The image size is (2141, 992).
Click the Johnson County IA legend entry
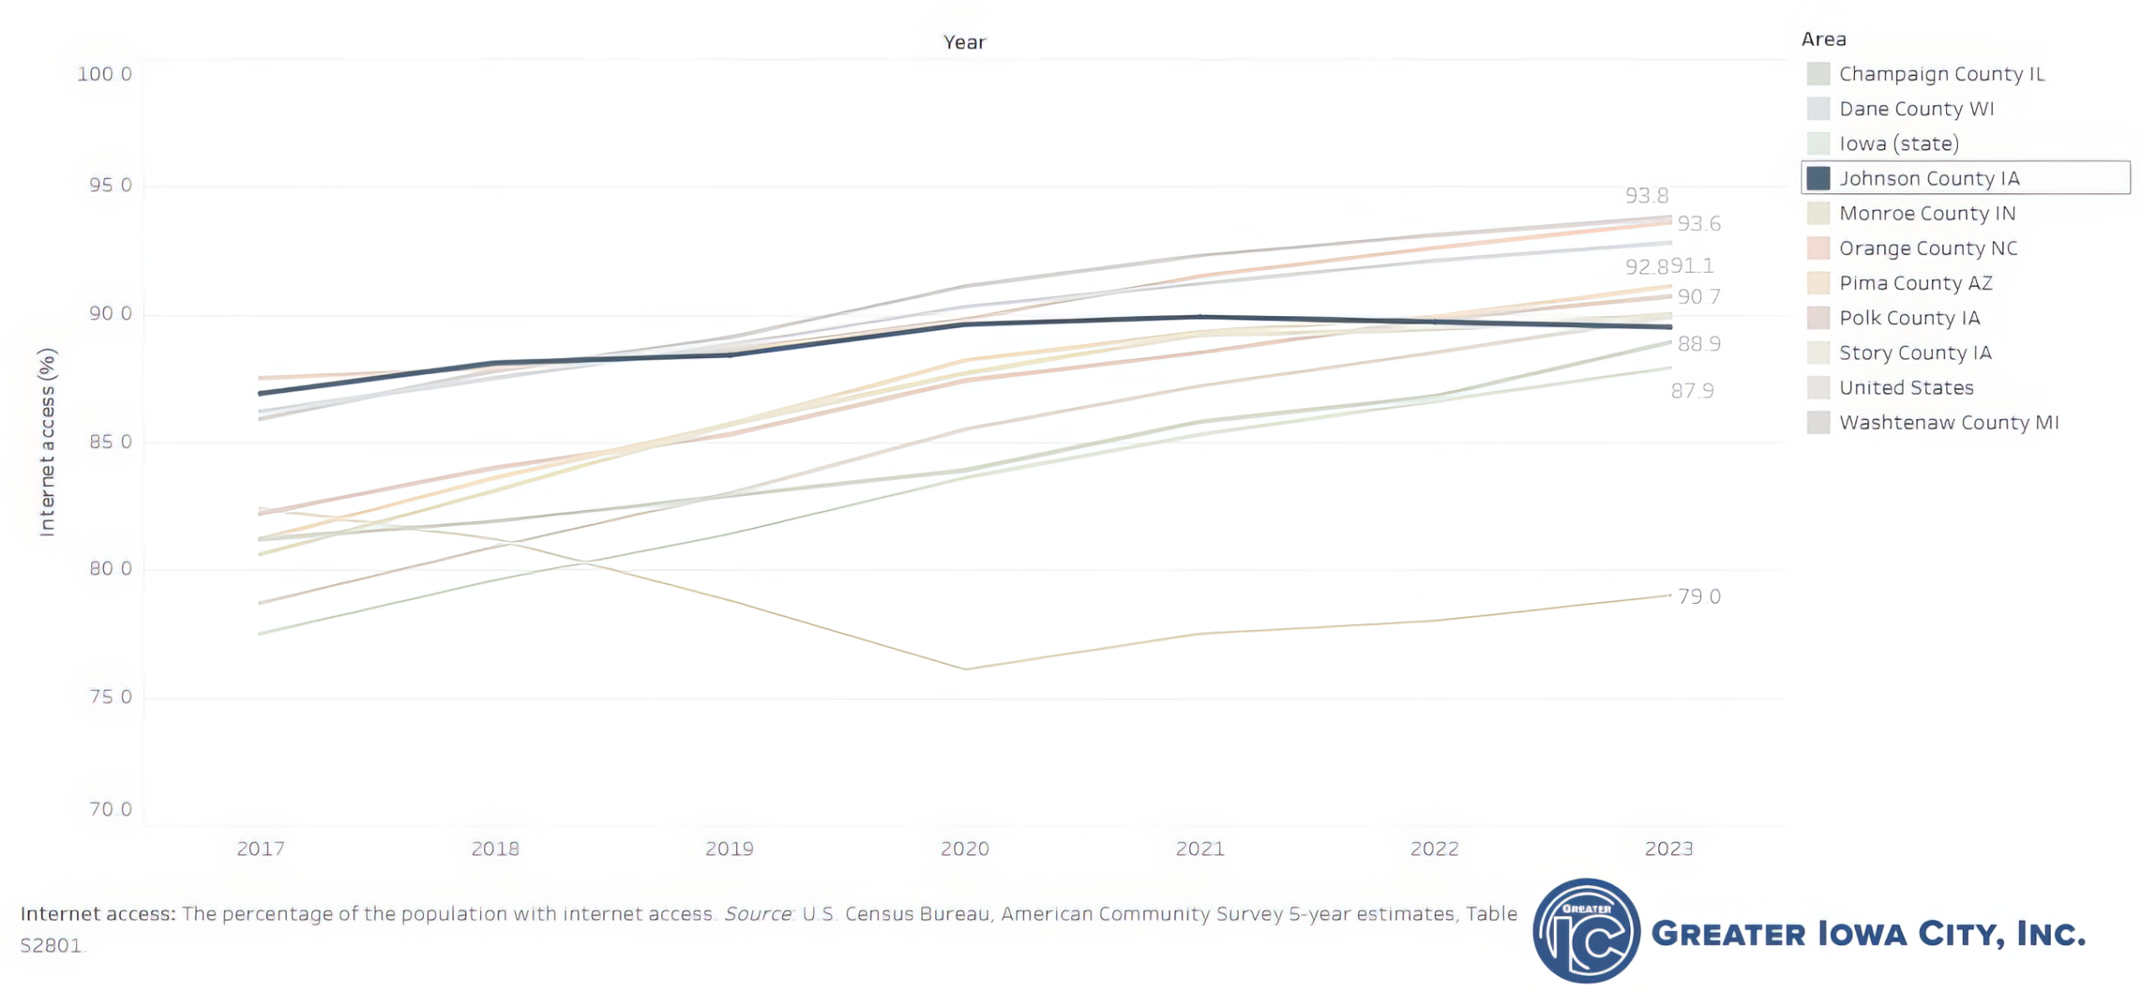coord(1928,178)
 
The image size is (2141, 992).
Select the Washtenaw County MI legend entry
coord(1948,422)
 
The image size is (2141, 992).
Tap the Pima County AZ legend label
coord(1915,283)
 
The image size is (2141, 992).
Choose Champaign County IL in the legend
coord(1940,74)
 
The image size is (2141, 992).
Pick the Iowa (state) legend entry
coord(1898,144)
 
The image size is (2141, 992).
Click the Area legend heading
coord(1823,39)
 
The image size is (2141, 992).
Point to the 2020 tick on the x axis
coord(964,849)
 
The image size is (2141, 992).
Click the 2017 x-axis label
coord(260,849)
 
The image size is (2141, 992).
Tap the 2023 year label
coord(1668,849)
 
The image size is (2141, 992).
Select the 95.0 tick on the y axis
coord(110,185)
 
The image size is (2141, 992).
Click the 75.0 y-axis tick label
coord(110,697)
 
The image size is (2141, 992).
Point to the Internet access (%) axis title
coord(47,442)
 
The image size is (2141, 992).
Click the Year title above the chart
coord(964,42)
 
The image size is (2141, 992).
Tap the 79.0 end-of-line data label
coord(1699,596)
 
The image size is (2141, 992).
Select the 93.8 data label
coord(1646,196)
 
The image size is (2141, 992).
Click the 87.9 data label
coord(1692,391)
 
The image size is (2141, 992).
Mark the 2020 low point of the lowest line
coord(965,668)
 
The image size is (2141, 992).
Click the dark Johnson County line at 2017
coord(261,392)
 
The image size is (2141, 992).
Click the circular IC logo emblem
coord(1586,930)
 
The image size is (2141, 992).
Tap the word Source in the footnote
coord(757,913)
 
